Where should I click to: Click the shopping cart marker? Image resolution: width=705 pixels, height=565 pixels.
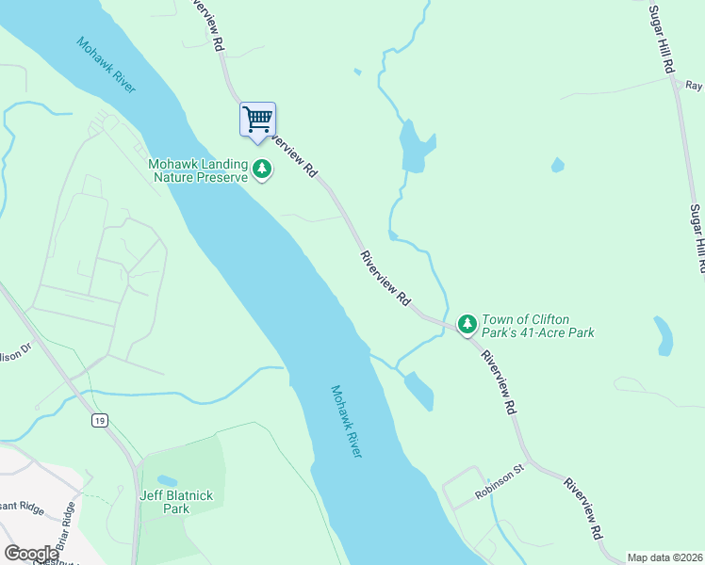pos(257,120)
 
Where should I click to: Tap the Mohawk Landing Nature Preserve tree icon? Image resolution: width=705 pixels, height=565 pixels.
pos(262,170)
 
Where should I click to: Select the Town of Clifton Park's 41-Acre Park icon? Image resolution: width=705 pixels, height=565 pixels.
pos(467,324)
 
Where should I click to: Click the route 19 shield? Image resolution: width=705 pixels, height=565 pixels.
pos(99,421)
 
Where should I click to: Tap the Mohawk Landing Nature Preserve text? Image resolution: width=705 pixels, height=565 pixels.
pos(197,170)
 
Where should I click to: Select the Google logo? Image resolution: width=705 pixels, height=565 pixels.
pos(31,553)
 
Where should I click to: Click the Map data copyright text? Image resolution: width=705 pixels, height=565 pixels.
pos(664,557)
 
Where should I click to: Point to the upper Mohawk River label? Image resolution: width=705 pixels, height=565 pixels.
pos(107,65)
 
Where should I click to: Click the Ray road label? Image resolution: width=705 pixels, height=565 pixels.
pos(695,85)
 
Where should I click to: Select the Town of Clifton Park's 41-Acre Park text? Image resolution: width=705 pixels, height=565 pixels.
pos(538,326)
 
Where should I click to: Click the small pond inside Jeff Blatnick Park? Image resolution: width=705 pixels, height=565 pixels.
pos(167,480)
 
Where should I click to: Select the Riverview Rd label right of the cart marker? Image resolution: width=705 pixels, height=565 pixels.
pos(292,153)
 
